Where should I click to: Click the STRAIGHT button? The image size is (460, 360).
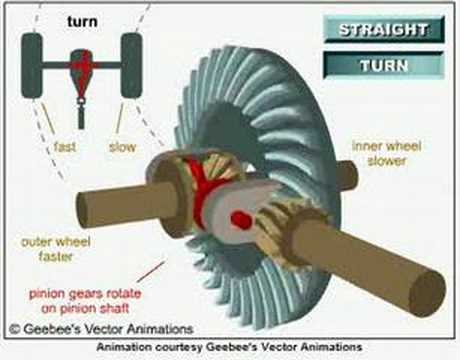384,30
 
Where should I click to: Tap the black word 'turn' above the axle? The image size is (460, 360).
82,21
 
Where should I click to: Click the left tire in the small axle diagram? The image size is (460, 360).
32,65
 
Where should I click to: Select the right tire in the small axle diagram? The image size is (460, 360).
132,65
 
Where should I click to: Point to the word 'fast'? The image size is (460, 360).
65,147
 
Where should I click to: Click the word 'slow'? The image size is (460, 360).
122,147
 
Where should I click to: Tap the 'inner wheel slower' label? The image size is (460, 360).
387,153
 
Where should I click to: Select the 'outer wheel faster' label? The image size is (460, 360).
56,249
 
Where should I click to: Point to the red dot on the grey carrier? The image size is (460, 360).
241,220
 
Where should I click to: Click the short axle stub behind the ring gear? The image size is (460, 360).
347,176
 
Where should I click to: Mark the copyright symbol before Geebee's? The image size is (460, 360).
15,329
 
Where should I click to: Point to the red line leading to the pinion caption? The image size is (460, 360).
151,272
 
